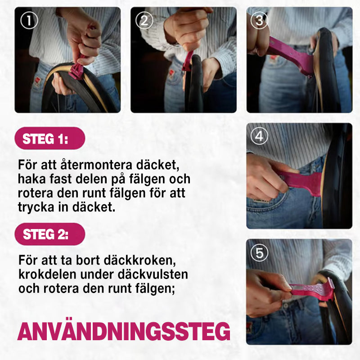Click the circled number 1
[x=29, y=21]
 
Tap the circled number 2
[x=144, y=21]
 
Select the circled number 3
[x=260, y=21]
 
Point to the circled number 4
[x=260, y=136]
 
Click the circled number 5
[x=260, y=253]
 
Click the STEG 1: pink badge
[x=50, y=139]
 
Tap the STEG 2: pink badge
[x=50, y=234]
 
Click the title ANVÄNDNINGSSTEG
[x=124, y=331]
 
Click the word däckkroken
[x=139, y=260]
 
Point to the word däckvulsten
[x=153, y=274]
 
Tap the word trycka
[x=36, y=207]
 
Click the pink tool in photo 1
[x=78, y=67]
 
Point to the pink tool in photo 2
[x=188, y=61]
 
